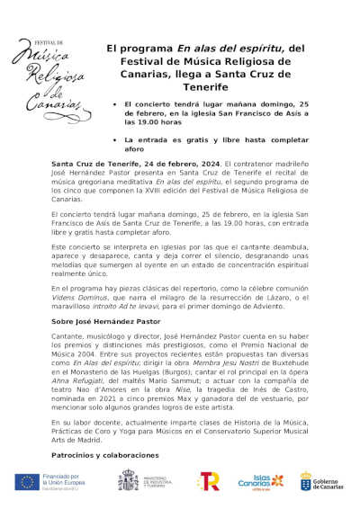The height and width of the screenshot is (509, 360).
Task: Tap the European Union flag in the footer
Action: (x=26, y=481)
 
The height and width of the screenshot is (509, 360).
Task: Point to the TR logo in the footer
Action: (x=208, y=481)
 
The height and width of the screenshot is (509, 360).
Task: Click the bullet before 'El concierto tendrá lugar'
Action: (x=114, y=104)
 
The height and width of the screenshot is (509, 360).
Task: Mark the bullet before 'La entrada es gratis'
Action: (x=114, y=141)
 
